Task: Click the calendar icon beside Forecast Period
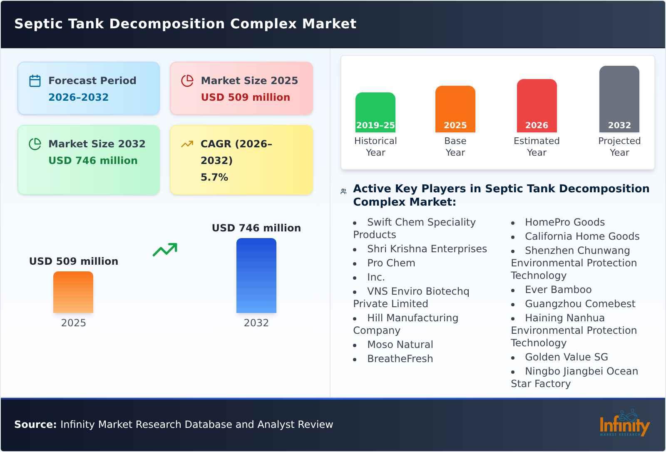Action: tap(35, 81)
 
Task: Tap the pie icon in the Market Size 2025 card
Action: tap(187, 81)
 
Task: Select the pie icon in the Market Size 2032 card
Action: tap(35, 144)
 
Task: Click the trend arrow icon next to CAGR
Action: tap(187, 144)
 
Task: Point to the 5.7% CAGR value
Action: tap(214, 177)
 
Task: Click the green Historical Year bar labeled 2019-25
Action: tap(375, 112)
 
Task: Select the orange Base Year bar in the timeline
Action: tap(455, 109)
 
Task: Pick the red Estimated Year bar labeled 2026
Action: tap(537, 106)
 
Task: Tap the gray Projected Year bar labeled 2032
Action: tap(619, 99)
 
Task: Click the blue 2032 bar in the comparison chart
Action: tap(256, 276)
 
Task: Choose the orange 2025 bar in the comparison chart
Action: tap(73, 292)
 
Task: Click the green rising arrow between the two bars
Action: tap(165, 250)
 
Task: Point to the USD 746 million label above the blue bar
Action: tap(256, 228)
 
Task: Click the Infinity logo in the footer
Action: tap(624, 424)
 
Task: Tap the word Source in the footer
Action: tap(35, 425)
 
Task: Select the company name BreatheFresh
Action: tap(400, 359)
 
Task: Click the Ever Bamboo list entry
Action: tap(558, 290)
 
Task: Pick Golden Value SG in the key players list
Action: tap(566, 357)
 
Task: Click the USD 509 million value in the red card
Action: tap(245, 97)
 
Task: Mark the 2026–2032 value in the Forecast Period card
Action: tap(78, 97)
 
